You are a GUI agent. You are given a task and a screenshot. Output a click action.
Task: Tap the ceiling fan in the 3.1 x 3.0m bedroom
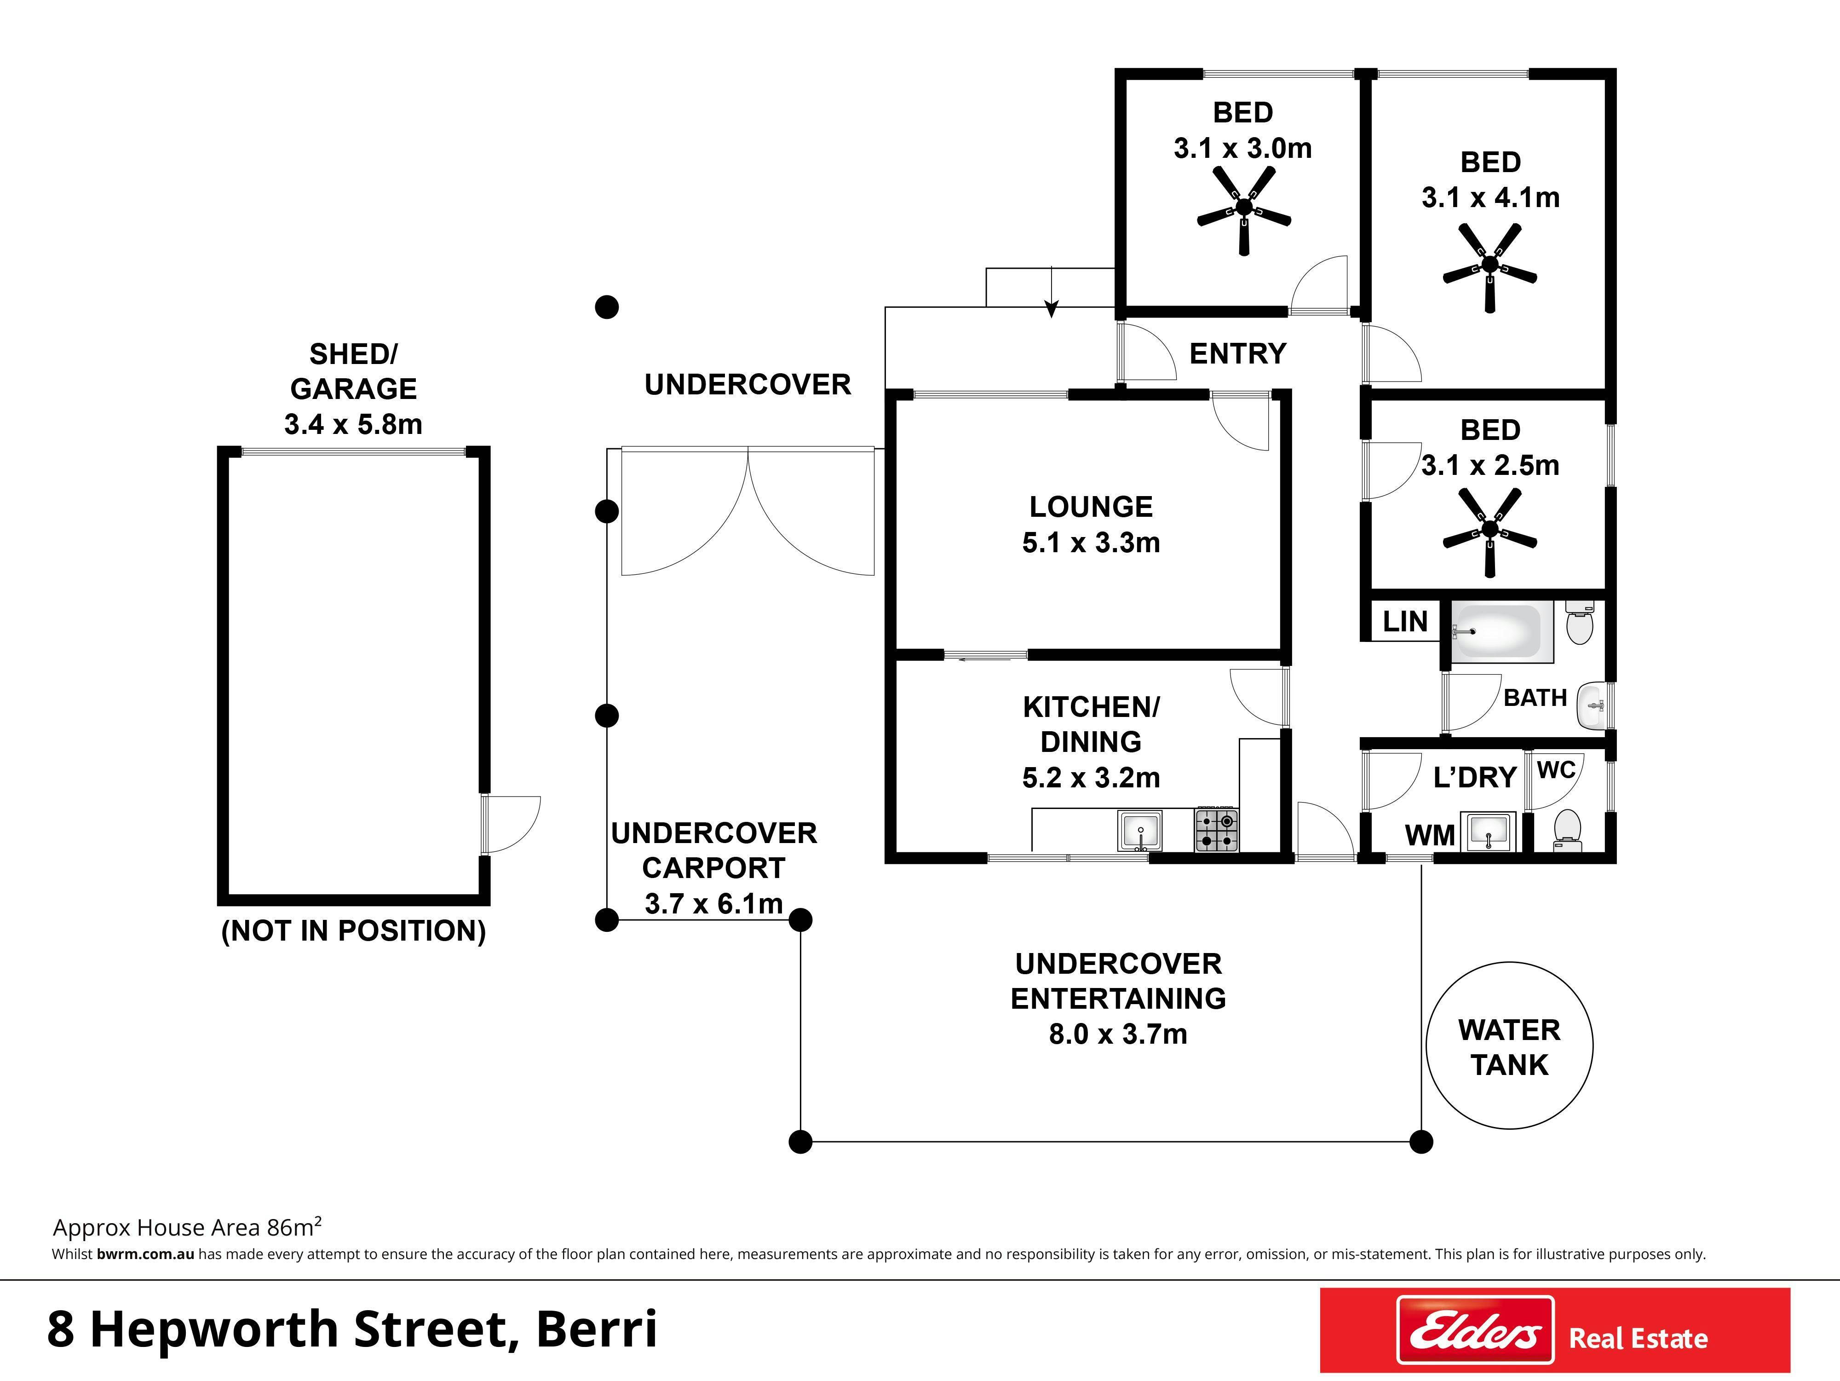click(x=1243, y=210)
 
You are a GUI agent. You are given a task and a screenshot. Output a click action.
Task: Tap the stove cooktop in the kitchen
click(x=1217, y=829)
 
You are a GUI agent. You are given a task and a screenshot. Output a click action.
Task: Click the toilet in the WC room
click(x=1567, y=829)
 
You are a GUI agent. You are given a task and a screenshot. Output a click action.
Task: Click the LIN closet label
click(x=1405, y=621)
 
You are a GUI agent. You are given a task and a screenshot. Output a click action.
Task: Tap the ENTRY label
click(x=1238, y=353)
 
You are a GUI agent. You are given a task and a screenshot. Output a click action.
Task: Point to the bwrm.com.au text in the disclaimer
click(x=145, y=1254)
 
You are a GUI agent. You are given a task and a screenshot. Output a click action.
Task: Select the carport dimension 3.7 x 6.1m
click(x=714, y=903)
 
